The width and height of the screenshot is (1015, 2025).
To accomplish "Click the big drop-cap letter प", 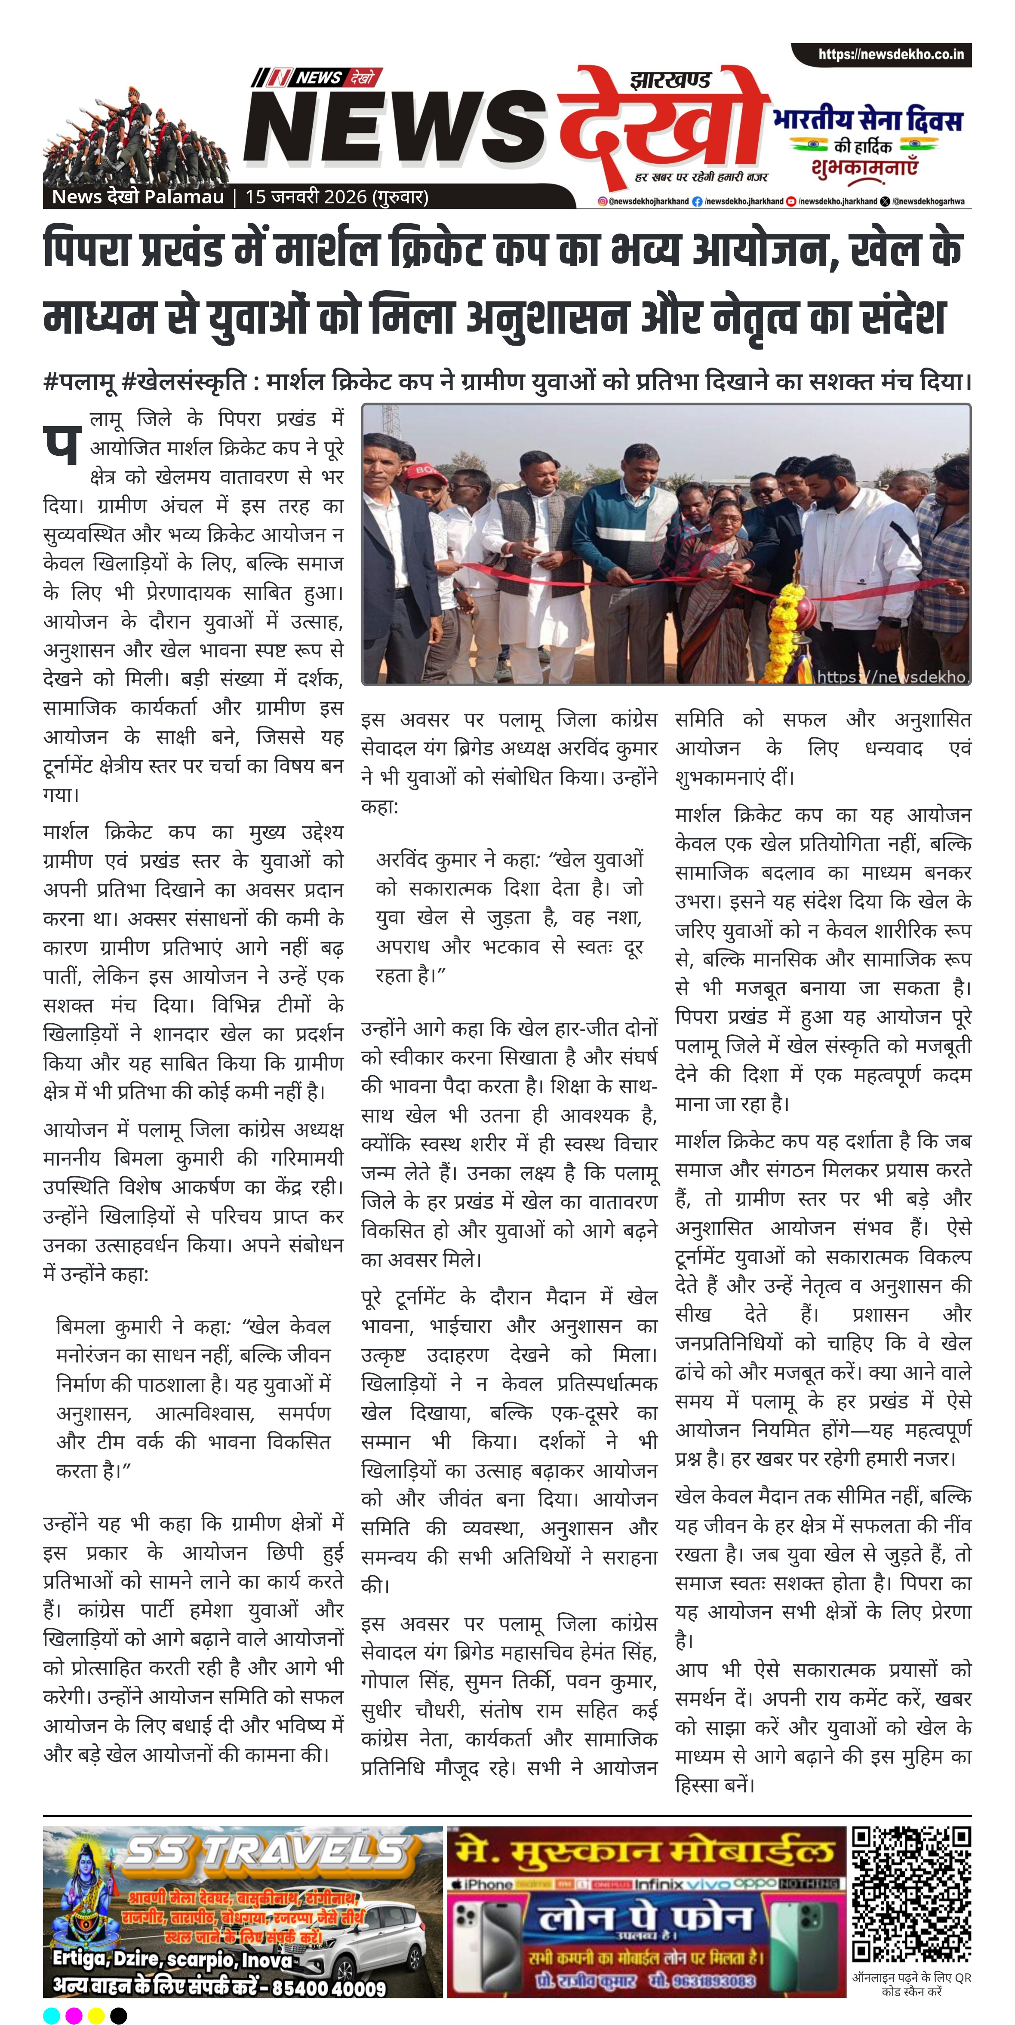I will pyautogui.click(x=62, y=442).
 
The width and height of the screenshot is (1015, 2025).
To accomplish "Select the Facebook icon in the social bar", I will pyautogui.click(x=697, y=201).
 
